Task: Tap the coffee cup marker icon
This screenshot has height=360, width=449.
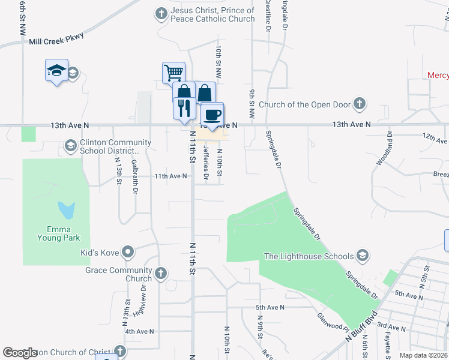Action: (x=211, y=113)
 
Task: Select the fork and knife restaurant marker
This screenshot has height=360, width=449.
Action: (x=184, y=107)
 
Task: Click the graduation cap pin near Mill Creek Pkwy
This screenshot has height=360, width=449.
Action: (x=56, y=70)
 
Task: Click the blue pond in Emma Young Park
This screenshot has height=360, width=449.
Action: (x=67, y=210)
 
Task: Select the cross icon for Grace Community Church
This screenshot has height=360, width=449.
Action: (x=160, y=274)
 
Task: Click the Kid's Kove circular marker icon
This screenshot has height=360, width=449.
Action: (x=127, y=253)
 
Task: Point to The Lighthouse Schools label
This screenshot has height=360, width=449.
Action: (x=309, y=256)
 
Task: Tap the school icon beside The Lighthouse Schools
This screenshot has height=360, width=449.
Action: (x=362, y=256)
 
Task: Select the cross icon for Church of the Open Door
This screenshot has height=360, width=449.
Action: (x=359, y=104)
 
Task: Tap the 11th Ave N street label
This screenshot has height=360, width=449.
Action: (x=170, y=176)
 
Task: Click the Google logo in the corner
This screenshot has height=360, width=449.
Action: (x=20, y=353)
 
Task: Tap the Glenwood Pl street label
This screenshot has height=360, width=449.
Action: (x=334, y=325)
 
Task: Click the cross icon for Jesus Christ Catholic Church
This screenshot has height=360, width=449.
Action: (x=160, y=13)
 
